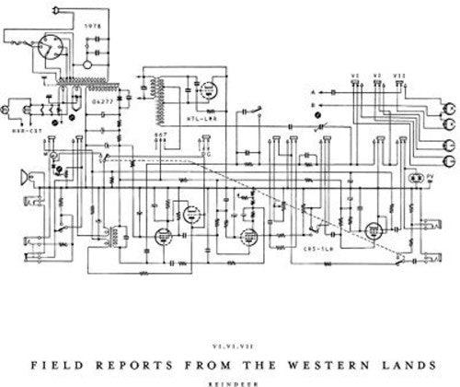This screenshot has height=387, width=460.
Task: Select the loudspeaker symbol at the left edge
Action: click(x=23, y=176)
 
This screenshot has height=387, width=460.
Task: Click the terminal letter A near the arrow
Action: click(x=312, y=93)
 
